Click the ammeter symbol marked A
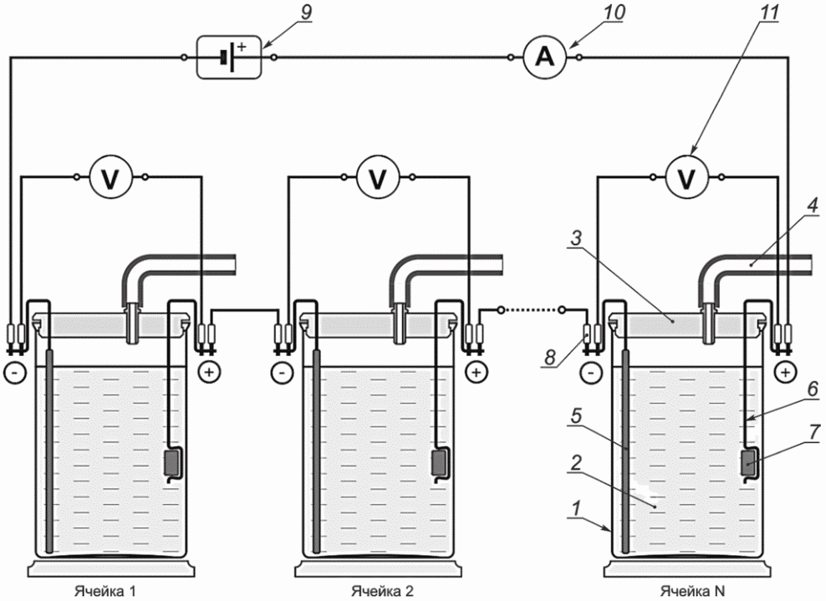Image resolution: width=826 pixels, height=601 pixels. click(x=545, y=57)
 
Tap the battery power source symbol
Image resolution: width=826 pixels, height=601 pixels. click(x=229, y=58)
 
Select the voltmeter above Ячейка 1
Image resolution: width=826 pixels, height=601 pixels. click(x=110, y=177)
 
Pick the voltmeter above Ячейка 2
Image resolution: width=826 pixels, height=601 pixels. click(x=378, y=177)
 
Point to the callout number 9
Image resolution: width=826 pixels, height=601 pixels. click(x=305, y=13)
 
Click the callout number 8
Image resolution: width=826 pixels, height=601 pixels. click(x=550, y=357)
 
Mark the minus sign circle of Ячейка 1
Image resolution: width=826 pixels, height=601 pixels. click(x=15, y=373)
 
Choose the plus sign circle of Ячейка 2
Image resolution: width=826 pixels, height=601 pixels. click(x=477, y=373)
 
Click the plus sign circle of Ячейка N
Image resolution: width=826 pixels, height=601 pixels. click(x=785, y=373)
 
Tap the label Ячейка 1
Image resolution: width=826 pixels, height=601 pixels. click(x=105, y=591)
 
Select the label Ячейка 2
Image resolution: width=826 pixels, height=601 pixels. click(x=382, y=591)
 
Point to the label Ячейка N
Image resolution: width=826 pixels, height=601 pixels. click(x=693, y=591)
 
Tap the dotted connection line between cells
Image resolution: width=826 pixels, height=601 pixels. click(x=532, y=309)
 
